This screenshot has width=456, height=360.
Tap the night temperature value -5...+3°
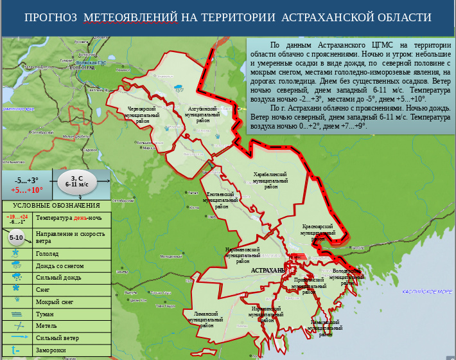27,180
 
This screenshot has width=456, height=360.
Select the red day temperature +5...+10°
27,190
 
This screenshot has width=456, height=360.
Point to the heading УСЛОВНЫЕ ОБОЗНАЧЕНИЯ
57,206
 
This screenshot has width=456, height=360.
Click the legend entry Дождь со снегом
62,265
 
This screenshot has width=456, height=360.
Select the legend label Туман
46,314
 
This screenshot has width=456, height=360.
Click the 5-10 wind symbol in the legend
17,238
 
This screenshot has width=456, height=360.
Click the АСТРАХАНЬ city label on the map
268,271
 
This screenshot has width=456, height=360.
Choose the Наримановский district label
243,255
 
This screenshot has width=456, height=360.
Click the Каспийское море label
427,291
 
